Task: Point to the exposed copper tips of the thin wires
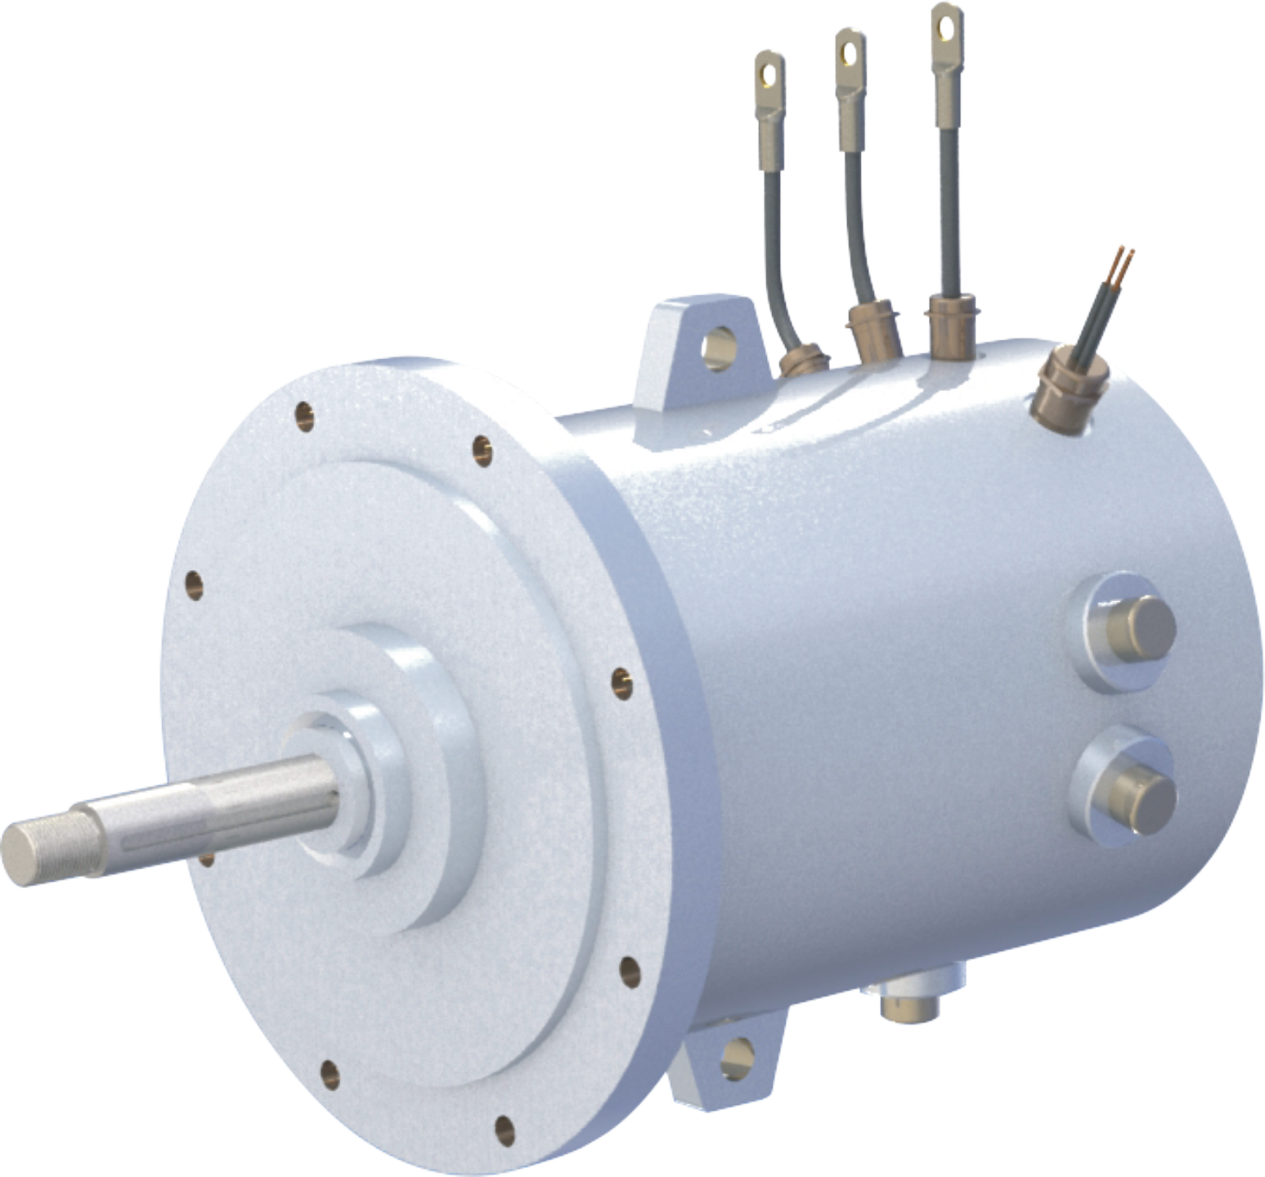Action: coord(1124,260)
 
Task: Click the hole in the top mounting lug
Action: coord(719,346)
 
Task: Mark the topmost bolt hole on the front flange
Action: coord(304,416)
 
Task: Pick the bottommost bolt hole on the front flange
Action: coord(505,1130)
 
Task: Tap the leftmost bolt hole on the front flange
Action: coord(194,584)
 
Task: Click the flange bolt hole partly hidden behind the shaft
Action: coord(207,859)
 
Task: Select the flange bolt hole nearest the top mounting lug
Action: coord(482,450)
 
